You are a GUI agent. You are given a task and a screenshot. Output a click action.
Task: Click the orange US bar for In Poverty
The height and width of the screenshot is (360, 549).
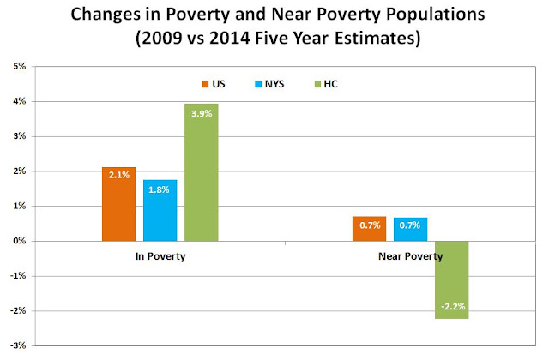[x=118, y=204]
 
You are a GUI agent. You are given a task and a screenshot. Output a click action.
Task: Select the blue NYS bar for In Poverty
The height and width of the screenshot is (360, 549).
[x=160, y=210]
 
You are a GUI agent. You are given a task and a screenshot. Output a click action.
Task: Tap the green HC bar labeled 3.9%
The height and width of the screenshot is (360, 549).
[x=202, y=172]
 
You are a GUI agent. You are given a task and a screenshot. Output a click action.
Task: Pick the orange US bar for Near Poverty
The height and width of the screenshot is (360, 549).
[x=370, y=229]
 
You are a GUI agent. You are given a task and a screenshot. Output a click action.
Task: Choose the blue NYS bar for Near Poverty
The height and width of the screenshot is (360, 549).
[x=410, y=229]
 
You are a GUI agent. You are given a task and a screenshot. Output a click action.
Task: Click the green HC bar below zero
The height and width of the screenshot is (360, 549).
[x=452, y=280]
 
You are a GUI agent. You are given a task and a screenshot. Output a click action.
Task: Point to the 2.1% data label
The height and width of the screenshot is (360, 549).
[x=119, y=175]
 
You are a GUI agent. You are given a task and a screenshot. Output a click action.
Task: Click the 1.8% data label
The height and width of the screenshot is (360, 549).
[x=159, y=189]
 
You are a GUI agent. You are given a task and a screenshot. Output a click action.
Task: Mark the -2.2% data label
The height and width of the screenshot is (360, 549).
[x=453, y=307]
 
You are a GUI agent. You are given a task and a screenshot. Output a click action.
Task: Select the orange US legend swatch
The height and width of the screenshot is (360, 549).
[x=205, y=84]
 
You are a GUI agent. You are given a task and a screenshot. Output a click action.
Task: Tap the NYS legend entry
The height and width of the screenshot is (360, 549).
[x=269, y=84]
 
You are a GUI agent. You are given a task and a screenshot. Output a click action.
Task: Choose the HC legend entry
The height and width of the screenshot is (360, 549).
[x=326, y=84]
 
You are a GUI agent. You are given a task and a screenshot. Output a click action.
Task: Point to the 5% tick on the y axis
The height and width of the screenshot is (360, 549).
[x=20, y=66]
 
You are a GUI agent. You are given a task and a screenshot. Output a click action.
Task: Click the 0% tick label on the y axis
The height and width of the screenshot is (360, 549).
[x=20, y=241]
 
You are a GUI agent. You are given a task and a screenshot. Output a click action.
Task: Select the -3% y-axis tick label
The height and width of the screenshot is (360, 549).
[x=18, y=345]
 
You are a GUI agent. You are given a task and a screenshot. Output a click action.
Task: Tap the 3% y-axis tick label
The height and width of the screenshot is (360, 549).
[x=20, y=136]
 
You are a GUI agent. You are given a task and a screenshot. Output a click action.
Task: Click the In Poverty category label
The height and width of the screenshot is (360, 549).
[x=160, y=256]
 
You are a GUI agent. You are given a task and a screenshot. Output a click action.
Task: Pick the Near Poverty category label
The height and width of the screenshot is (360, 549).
[x=411, y=256]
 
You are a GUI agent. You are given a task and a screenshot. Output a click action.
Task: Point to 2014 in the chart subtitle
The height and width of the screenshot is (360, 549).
[x=229, y=38]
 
